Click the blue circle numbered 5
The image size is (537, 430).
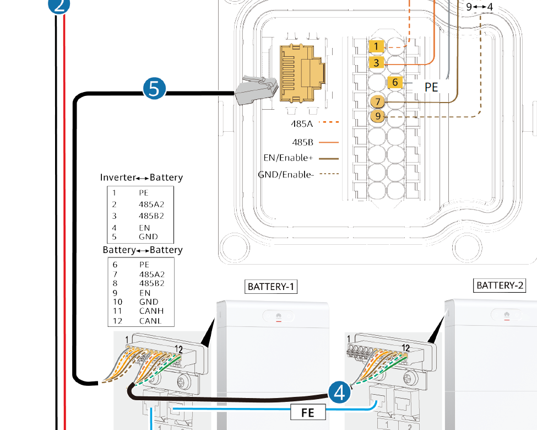[x=154, y=88]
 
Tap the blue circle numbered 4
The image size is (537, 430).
[x=340, y=392]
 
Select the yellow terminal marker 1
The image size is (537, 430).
[x=376, y=47]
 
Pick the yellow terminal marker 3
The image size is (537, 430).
[x=376, y=63]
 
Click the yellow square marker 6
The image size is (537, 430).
[x=395, y=83]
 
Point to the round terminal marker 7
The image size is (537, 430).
[x=377, y=102]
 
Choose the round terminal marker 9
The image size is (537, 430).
[x=377, y=116]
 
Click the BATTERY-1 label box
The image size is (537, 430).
[x=271, y=287]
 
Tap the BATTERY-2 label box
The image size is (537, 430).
[x=500, y=286]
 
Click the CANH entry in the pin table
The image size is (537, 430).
[x=150, y=311]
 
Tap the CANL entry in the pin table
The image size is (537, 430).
[x=150, y=320]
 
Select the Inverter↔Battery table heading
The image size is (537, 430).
[x=142, y=178]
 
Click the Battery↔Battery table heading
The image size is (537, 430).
[x=143, y=250]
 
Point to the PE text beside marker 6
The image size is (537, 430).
[x=431, y=87]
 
